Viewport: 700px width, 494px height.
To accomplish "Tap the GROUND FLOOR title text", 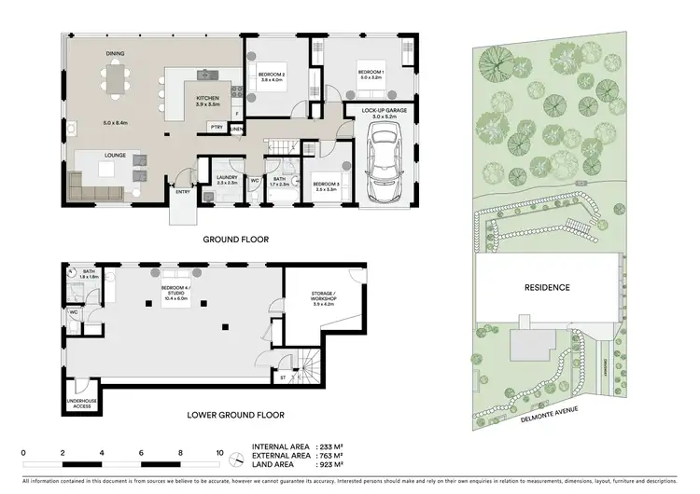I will click(x=236, y=240).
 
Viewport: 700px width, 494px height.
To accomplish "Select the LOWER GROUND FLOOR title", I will click(x=236, y=415).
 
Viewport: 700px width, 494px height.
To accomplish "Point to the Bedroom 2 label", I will click(x=271, y=77).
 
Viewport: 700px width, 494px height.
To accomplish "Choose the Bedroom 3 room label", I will click(x=325, y=185).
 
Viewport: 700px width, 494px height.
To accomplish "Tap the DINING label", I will click(x=115, y=54).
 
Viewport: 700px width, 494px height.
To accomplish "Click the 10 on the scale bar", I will click(x=219, y=451).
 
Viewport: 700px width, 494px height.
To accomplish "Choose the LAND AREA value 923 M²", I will click(x=329, y=464).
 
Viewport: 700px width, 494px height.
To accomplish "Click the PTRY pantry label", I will click(x=217, y=127).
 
